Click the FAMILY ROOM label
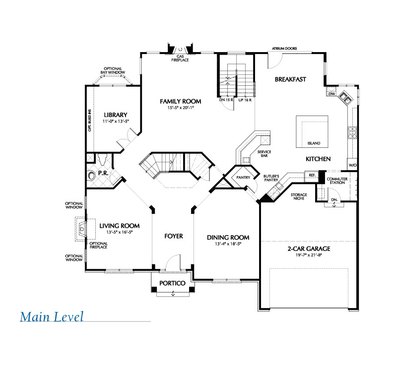pyautogui.click(x=181, y=101)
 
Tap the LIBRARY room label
pyautogui.click(x=116, y=115)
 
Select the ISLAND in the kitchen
pyautogui.click(x=312, y=131)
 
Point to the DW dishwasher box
pyautogui.click(x=331, y=94)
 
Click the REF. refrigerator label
pyautogui.click(x=312, y=175)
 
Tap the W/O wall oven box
pyautogui.click(x=352, y=165)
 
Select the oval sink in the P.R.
pyautogui.click(x=91, y=176)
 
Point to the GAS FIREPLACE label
pyautogui.click(x=180, y=58)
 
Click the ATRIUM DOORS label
pyautogui.click(x=284, y=48)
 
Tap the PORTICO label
pyautogui.click(x=172, y=283)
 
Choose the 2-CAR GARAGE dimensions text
pyautogui.click(x=309, y=255)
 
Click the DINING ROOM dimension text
pyautogui.click(x=228, y=244)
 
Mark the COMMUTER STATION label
pyautogui.click(x=337, y=181)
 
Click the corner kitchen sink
pyautogui.click(x=345, y=98)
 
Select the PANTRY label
pyautogui.click(x=243, y=178)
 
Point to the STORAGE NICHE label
pyautogui.click(x=299, y=196)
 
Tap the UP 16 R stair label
pyautogui.click(x=245, y=100)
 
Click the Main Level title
pyautogui.click(x=52, y=316)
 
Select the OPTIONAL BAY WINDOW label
pyautogui.click(x=113, y=70)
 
